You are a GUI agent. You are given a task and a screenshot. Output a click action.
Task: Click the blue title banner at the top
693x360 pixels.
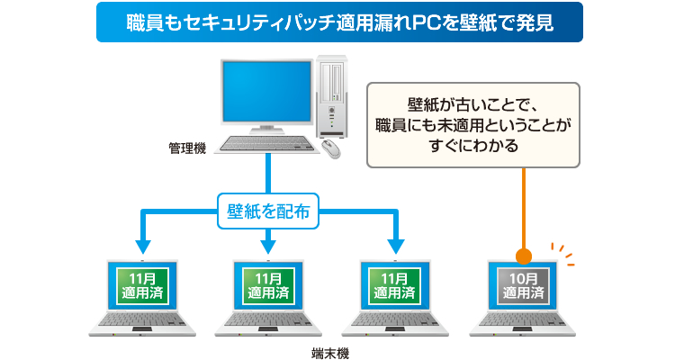point(339,22)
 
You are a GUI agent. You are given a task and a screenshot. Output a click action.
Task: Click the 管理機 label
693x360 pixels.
point(187,148)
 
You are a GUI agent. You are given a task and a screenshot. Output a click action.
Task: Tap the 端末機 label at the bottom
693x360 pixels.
point(330,354)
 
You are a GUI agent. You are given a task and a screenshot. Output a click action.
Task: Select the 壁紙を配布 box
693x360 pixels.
point(268,211)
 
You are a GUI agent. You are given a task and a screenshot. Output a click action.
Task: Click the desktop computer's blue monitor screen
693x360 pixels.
point(266,92)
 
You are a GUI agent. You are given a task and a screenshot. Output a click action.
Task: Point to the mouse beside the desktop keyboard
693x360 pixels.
point(331,148)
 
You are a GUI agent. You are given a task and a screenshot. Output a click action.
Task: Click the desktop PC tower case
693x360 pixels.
point(331,96)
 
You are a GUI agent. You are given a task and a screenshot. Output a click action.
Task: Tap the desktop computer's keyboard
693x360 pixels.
point(266,144)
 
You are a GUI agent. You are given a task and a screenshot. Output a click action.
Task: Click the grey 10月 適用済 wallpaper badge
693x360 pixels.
point(523,286)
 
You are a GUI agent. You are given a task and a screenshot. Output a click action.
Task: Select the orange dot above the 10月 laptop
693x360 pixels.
point(524,256)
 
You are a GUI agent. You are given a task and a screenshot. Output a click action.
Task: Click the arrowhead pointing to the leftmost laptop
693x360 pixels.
point(143,247)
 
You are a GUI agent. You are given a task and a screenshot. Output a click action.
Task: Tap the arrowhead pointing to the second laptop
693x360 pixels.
point(268,247)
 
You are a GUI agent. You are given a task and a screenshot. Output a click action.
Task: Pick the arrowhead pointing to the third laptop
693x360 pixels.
point(396,247)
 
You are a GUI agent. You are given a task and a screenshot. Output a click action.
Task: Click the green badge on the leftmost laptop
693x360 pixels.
point(142,286)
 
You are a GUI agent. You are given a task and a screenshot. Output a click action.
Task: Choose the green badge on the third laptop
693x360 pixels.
point(395,286)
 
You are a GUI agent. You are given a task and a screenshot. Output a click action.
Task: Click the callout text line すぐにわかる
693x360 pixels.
point(473,145)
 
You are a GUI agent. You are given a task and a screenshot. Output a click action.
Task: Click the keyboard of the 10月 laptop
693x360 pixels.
point(522,319)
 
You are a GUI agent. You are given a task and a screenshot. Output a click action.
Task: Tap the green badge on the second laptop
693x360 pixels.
point(268,286)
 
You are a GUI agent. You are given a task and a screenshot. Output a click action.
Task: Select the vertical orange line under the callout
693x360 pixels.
point(524,208)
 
